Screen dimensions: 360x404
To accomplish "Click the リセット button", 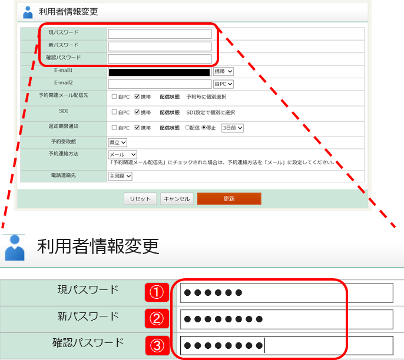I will tap(140, 199).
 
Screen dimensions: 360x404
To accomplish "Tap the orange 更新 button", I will tap(229, 199).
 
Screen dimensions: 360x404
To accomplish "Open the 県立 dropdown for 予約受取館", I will tap(118, 142).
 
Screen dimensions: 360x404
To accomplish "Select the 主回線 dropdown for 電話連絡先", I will tap(121, 176).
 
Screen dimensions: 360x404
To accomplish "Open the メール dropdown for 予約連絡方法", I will tap(122, 154).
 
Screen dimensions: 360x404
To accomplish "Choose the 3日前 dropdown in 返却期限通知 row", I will tap(233, 127).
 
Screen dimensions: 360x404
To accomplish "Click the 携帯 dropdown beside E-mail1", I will tap(223, 72).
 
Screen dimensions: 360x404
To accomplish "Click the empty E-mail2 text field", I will tap(160, 84).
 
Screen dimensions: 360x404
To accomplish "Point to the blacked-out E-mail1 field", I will tap(160, 72).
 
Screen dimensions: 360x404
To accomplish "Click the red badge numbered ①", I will tap(157, 292).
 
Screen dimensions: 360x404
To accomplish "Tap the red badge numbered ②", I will tap(157, 319).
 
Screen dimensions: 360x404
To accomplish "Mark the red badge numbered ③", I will tap(157, 345).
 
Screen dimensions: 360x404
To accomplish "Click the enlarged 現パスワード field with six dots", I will tap(286, 292).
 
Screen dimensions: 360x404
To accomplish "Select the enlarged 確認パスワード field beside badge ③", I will tap(286, 345).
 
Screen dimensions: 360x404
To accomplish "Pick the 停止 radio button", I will tap(204, 127).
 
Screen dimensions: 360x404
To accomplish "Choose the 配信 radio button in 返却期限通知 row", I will tap(188, 127).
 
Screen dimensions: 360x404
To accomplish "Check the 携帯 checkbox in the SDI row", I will tap(137, 112).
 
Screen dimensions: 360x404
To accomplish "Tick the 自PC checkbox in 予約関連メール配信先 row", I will tap(114, 96).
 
